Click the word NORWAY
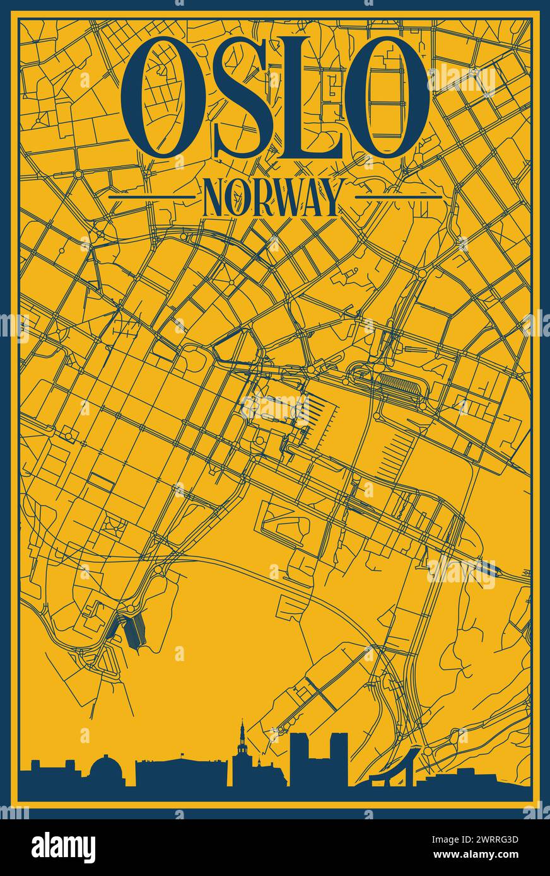273,197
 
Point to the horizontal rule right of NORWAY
398,197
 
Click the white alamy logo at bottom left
63,847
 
